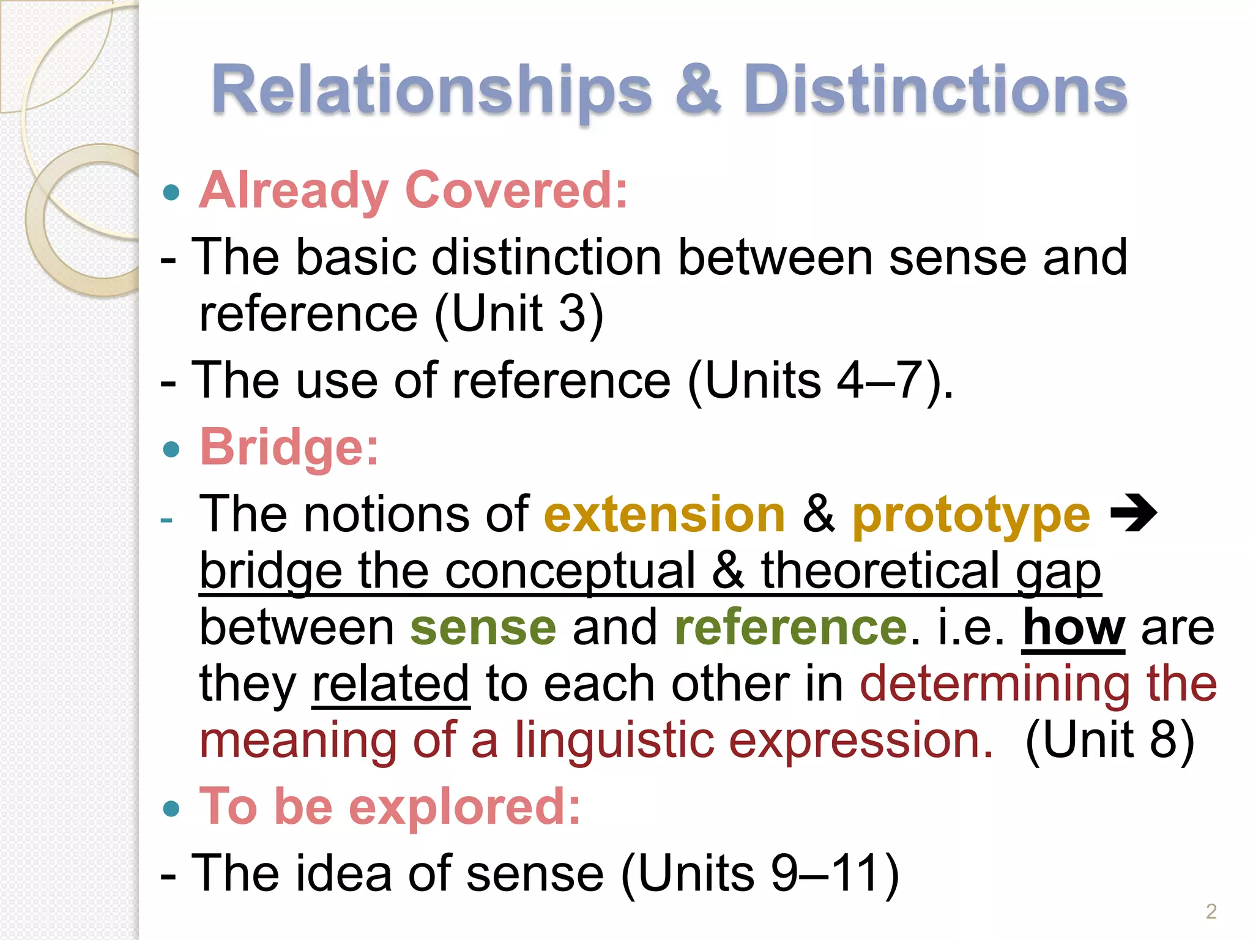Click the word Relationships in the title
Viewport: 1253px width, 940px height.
[431, 91]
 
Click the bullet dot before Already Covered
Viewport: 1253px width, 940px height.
[172, 193]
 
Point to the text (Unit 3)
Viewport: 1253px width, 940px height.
[519, 313]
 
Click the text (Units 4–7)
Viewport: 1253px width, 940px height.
[820, 381]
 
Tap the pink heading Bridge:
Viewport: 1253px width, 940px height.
[289, 447]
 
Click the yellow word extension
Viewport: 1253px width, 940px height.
[664, 515]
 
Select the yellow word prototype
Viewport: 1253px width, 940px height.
[971, 516]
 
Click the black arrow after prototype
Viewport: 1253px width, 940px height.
[1133, 514]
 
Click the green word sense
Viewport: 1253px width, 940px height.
[483, 628]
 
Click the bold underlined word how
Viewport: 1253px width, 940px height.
[1074, 628]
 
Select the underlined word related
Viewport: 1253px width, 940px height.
[390, 684]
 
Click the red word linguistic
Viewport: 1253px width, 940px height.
[614, 740]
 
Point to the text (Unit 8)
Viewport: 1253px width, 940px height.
[1109, 740]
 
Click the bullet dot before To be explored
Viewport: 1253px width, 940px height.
[172, 810]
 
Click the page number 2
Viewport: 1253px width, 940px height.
[1211, 911]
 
